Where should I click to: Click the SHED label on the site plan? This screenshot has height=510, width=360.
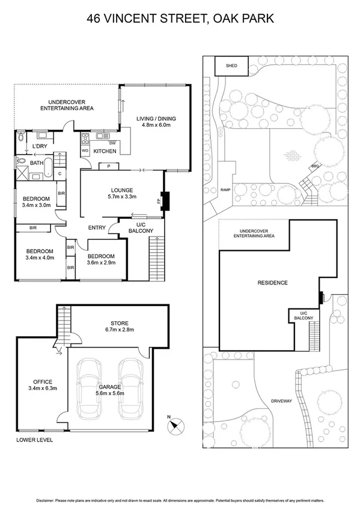[231, 66]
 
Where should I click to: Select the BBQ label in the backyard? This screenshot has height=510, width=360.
[314, 166]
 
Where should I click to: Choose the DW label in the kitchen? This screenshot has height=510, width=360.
[114, 142]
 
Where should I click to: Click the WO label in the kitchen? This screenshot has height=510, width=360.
[85, 150]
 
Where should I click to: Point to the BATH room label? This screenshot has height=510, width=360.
[37, 163]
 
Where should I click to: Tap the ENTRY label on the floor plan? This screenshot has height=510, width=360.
[97, 227]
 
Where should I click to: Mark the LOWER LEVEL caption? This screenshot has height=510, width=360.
[35, 440]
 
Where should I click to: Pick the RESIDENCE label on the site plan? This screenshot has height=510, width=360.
[272, 283]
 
